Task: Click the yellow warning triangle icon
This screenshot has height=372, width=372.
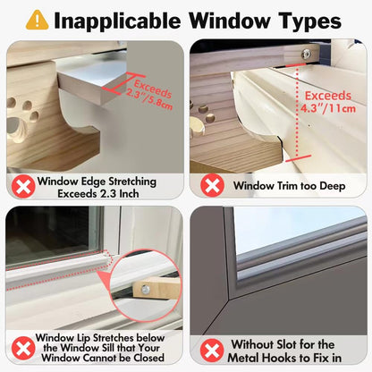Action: (x=37, y=19)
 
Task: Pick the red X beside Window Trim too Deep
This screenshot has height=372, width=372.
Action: (x=211, y=186)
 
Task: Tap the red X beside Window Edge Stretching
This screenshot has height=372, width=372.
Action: (x=21, y=187)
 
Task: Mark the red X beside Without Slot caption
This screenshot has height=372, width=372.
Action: (x=211, y=350)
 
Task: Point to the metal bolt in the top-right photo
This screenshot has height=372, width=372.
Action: (x=307, y=54)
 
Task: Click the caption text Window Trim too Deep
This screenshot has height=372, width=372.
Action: (x=284, y=186)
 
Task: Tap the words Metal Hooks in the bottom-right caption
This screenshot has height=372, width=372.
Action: (x=268, y=357)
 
